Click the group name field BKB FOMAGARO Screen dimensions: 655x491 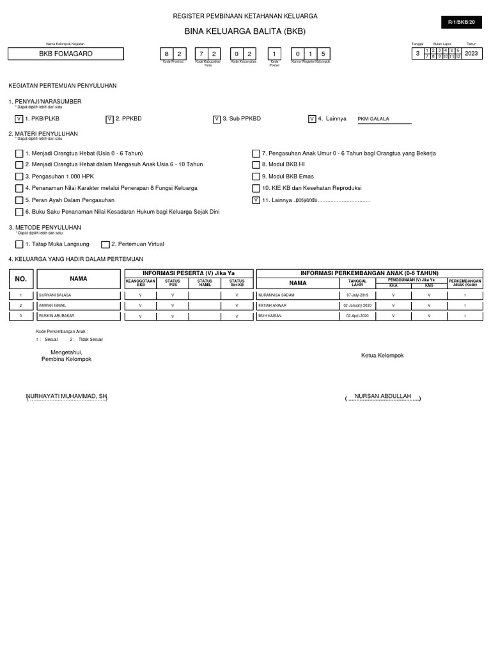point(66,54)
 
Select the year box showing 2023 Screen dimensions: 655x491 point(471,54)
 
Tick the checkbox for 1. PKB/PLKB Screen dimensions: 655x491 point(19,119)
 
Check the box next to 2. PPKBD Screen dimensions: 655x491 point(109,119)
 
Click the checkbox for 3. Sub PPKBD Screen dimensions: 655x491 point(217,119)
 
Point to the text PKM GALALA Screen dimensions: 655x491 point(373,119)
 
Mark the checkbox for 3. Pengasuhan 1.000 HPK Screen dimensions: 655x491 point(19,177)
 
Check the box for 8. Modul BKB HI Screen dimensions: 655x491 point(256,165)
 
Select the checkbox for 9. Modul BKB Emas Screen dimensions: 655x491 point(256,177)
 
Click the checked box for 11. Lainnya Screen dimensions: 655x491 point(256,200)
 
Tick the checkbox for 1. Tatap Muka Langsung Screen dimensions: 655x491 point(19,244)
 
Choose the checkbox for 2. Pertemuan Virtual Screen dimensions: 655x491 point(105,244)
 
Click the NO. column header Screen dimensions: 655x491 point(21,279)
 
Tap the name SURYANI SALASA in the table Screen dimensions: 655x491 point(56,295)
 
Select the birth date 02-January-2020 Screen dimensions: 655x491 point(357,306)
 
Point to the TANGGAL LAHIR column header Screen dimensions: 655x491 point(357,282)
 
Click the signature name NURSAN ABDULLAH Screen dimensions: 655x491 point(383,397)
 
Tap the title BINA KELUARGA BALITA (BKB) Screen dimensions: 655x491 point(245,31)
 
